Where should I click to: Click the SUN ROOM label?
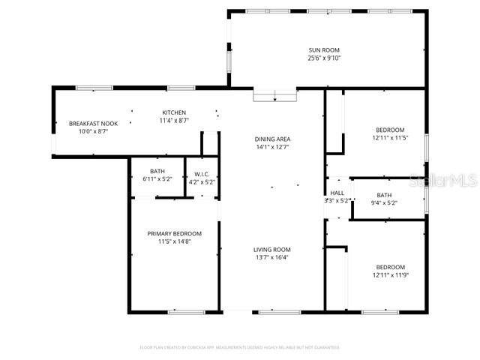click(324, 49)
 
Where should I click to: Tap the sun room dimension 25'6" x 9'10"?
click(324, 58)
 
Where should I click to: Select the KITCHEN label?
click(174, 112)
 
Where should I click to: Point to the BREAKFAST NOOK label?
click(93, 123)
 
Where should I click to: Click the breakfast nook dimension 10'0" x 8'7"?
click(93, 131)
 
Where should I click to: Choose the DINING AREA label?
click(272, 139)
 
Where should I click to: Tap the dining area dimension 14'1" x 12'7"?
click(272, 147)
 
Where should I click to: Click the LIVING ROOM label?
click(271, 250)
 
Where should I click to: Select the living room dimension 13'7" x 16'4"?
click(271, 258)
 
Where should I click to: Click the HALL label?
click(337, 193)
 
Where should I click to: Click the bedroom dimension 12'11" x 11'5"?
click(390, 138)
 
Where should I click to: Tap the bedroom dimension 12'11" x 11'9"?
click(390, 276)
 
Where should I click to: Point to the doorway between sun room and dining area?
click(275, 95)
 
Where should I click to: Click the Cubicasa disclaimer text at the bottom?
click(240, 347)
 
